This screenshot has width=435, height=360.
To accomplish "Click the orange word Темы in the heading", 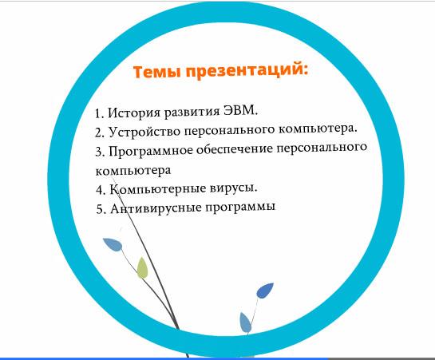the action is click(157, 72).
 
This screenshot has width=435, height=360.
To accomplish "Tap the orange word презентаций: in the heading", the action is click(247, 70).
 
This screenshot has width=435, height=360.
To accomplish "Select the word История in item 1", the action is click(134, 113).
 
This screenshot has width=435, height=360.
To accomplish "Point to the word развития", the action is click(192, 112).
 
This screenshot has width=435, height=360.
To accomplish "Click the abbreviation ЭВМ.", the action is click(241, 110).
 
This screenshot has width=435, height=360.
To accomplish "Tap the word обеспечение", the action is click(235, 149).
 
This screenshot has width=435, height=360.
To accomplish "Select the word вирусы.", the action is click(234, 188).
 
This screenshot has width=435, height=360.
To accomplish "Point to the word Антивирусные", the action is click(156, 208).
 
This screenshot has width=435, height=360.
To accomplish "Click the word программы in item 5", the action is click(240, 208).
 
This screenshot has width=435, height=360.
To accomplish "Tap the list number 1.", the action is click(99, 113).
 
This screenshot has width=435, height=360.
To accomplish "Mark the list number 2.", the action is click(100, 133).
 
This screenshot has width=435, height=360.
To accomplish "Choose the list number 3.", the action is click(100, 152).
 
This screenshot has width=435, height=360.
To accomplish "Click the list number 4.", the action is click(101, 191).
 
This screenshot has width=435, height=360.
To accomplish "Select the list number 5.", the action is click(101, 209).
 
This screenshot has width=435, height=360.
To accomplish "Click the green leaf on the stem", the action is click(142, 268).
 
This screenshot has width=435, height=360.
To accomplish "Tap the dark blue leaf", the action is click(265, 291).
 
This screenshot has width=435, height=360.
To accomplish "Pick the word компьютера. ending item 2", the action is click(318, 129).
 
